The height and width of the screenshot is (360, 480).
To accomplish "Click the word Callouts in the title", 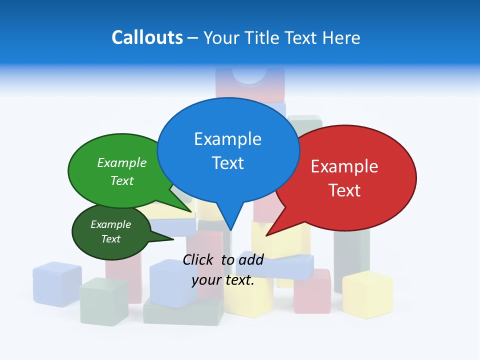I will point(147,37).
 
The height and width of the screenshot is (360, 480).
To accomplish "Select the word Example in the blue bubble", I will point(227,139).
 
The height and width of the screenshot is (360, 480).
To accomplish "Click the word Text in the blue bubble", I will point(227,163).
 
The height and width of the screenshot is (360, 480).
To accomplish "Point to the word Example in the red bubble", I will point(344,166).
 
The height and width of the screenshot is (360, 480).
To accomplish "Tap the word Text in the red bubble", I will point(344,190).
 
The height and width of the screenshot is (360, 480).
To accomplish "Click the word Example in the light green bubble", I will point(122,162).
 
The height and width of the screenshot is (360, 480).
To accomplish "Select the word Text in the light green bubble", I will point(122,180).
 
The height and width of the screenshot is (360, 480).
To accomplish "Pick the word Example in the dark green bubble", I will point(110,224).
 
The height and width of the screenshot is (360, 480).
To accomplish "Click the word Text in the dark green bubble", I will point(110,239).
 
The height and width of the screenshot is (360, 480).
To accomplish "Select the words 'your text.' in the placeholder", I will point(223,280).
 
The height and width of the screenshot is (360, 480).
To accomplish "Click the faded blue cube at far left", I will point(57,283).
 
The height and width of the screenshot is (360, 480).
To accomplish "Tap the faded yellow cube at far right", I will point(367,294).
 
